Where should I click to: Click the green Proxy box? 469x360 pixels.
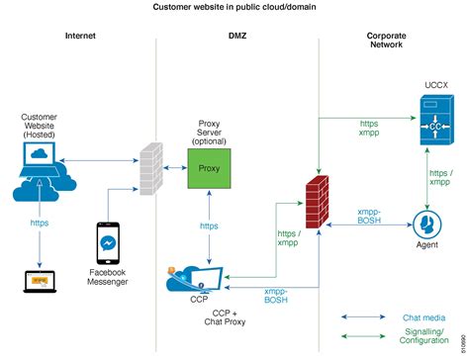[210, 168]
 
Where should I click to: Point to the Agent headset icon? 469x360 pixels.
[428, 223]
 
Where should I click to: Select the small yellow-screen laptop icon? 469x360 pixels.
[39, 282]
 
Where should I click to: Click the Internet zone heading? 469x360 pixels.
[81, 37]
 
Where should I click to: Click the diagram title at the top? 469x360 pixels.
[234, 7]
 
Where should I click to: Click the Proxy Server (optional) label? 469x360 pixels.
[210, 133]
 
